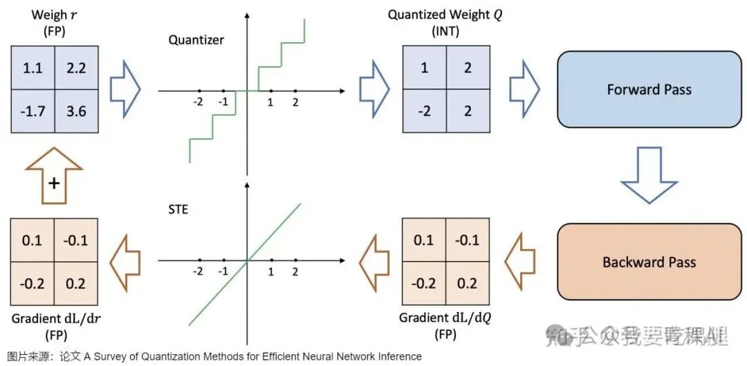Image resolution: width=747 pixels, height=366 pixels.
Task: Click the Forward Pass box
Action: click(649, 89)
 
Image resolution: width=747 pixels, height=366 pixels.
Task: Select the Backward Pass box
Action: click(649, 262)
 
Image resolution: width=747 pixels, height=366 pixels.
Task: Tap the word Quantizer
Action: click(196, 39)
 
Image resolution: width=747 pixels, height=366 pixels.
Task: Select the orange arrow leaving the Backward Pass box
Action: click(519, 262)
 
